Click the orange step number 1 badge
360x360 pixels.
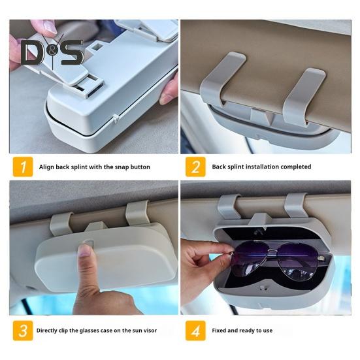click(x=24, y=167)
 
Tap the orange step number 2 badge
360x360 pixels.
click(x=195, y=167)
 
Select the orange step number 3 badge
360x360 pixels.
click(x=24, y=330)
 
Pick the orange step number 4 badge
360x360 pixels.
click(x=195, y=330)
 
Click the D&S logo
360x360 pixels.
click(x=52, y=52)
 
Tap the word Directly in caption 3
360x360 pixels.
click(x=50, y=331)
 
